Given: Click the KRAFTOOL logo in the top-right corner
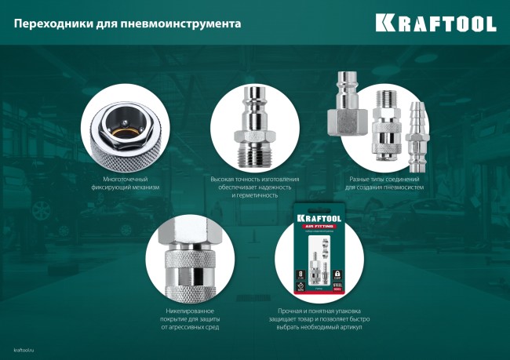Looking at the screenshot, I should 435,23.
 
